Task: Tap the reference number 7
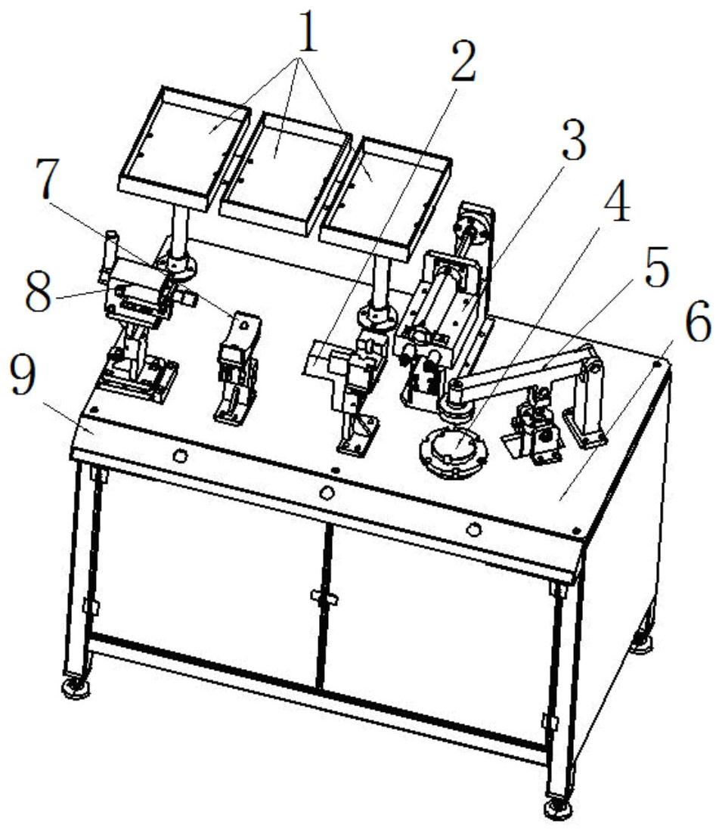pos(47,178)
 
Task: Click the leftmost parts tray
pos(184,148)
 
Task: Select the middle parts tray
pos(285,172)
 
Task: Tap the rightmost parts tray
pos(385,197)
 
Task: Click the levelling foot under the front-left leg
pos(75,687)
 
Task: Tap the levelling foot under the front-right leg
pos(559,808)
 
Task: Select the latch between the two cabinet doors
pos(323,598)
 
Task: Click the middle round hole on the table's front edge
pos(327,493)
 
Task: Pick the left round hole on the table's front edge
pos(180,456)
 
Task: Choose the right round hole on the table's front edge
pos(473,530)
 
